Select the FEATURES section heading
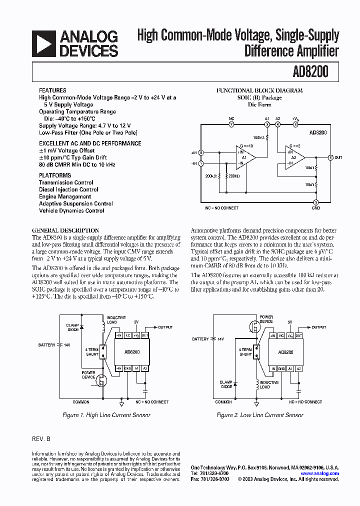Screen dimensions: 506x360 [52, 90]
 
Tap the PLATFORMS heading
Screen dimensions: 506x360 [55, 175]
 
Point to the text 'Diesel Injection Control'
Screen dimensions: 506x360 [68, 189]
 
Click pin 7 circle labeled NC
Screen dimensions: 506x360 [231, 124]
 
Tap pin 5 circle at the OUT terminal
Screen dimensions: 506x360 [330, 157]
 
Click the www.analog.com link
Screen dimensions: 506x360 [319, 473]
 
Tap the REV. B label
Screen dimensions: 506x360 [41, 438]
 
